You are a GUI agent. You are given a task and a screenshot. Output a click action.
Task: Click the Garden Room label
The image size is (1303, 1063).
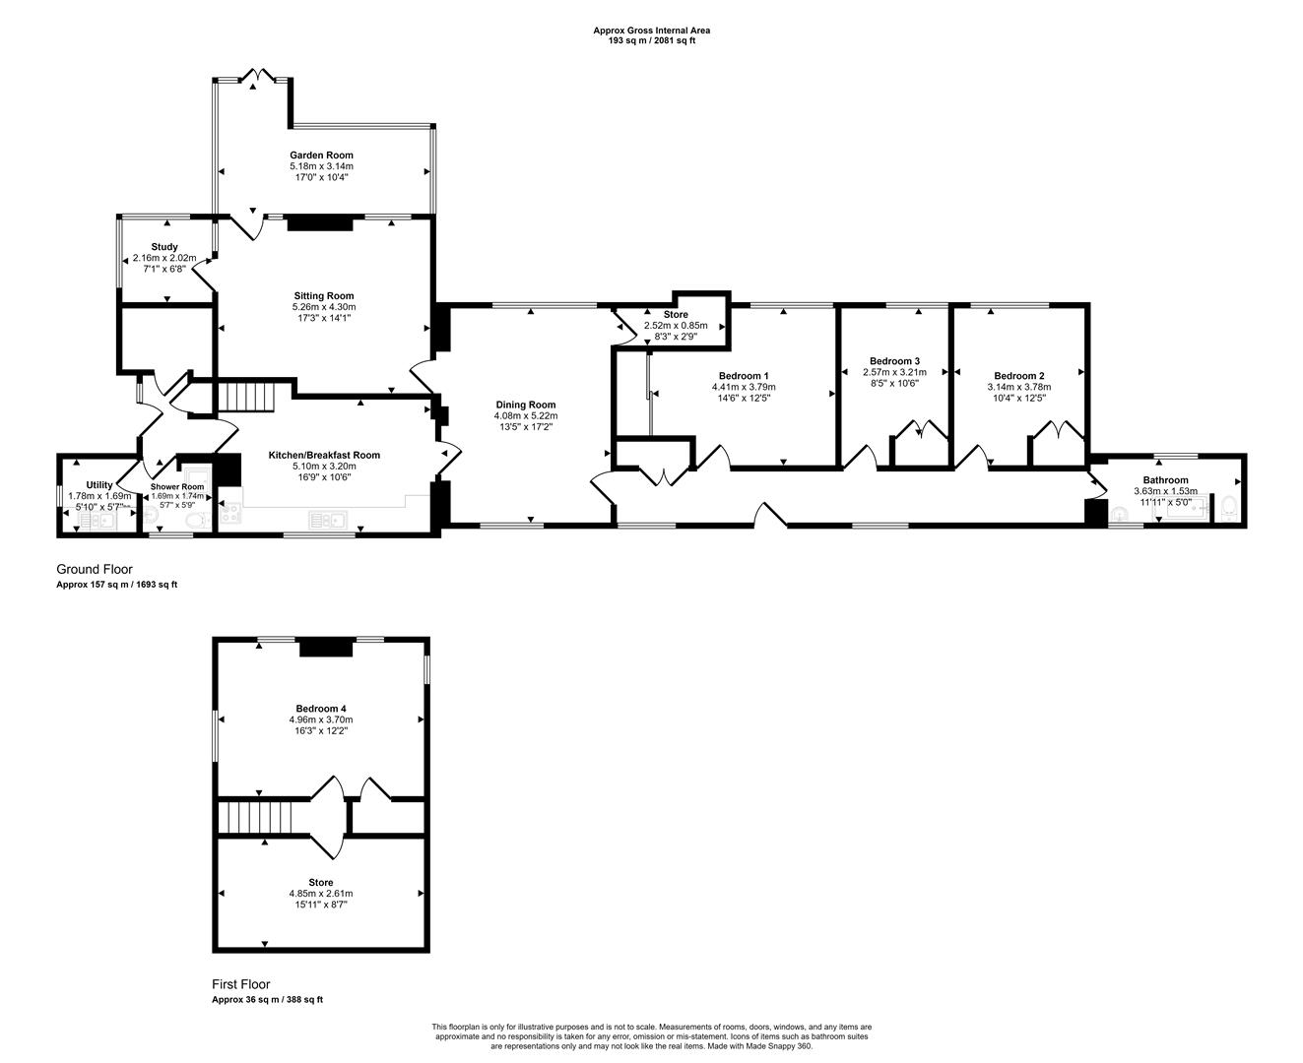[x=321, y=155]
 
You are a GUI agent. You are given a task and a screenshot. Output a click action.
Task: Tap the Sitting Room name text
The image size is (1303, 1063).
[x=324, y=295]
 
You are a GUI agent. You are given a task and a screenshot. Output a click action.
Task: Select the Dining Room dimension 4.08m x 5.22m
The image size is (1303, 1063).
[x=525, y=416]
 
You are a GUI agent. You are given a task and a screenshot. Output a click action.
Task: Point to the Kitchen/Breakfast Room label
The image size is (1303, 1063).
[x=324, y=455]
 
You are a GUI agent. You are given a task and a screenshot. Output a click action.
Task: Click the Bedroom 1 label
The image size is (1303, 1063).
[x=744, y=376]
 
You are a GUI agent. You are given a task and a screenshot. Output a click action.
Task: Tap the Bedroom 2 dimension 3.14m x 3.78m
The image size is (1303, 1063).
[x=1018, y=387]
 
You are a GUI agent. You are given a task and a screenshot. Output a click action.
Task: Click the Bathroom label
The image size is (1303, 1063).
[x=1165, y=479]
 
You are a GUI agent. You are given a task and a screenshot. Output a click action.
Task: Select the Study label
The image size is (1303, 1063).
[x=164, y=247]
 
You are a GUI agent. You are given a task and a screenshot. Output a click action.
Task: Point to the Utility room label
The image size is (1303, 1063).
[x=99, y=484]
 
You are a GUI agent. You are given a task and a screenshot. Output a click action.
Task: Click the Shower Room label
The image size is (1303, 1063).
[x=177, y=486]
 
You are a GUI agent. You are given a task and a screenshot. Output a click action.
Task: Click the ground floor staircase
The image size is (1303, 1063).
[x=246, y=397]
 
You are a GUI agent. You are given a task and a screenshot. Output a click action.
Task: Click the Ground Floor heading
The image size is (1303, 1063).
[x=94, y=569]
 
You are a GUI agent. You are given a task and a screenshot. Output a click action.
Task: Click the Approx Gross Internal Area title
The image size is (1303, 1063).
[x=652, y=30]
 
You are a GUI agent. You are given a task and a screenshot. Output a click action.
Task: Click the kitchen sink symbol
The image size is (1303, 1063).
[x=327, y=519]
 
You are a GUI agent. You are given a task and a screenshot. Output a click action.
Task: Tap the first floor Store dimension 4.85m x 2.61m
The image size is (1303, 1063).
[x=321, y=894]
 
